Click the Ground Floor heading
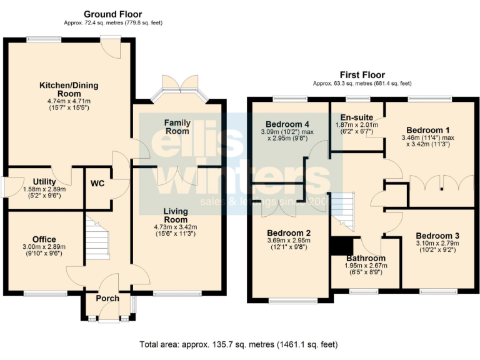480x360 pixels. [x=112, y=14]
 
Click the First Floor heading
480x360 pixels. [x=362, y=74]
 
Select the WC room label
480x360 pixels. [x=98, y=184]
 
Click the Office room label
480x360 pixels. [x=44, y=239]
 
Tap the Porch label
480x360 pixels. [x=107, y=298]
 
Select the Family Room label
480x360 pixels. [x=177, y=127]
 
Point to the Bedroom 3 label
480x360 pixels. [x=437, y=236]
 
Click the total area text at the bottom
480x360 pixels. [x=239, y=344]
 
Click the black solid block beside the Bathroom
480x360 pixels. [x=341, y=246]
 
